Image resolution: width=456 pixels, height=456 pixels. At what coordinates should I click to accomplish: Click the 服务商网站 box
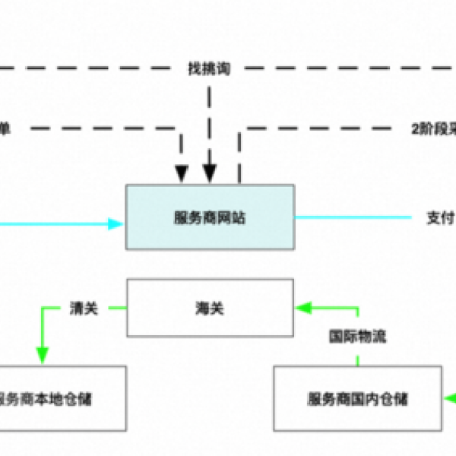coord(210,216)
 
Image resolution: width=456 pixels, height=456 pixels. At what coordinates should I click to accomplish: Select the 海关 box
coord(210,308)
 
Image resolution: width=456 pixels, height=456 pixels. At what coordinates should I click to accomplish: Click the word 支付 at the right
coord(438,216)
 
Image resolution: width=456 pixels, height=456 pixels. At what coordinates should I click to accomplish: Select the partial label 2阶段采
coord(432,128)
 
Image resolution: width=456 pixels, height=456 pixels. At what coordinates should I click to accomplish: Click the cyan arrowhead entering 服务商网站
coord(115,223)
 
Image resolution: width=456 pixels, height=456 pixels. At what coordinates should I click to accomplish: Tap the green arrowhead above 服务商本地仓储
coord(42,354)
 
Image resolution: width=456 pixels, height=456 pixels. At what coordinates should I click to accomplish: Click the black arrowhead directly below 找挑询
coord(210,174)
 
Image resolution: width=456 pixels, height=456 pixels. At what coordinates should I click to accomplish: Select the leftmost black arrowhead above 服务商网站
coord(181,174)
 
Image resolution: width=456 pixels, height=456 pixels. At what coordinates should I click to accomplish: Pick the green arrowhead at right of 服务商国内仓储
coord(450,397)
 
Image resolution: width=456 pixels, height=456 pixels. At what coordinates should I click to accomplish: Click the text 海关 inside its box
coord(210,308)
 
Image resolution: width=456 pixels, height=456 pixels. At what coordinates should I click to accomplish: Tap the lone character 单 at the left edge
coord(5,128)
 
